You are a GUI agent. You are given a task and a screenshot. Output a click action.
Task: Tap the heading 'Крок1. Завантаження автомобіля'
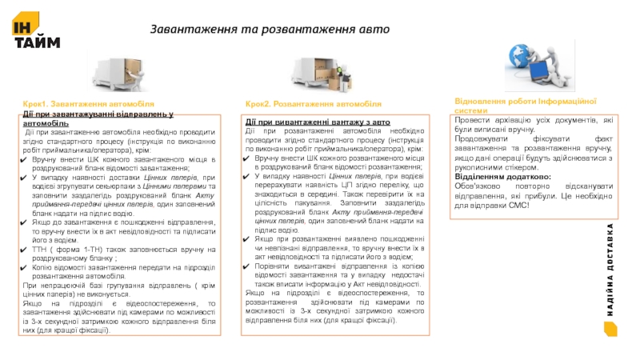click(x=88, y=105)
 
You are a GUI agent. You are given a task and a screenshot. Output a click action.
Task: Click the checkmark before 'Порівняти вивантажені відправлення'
click(x=249, y=266)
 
